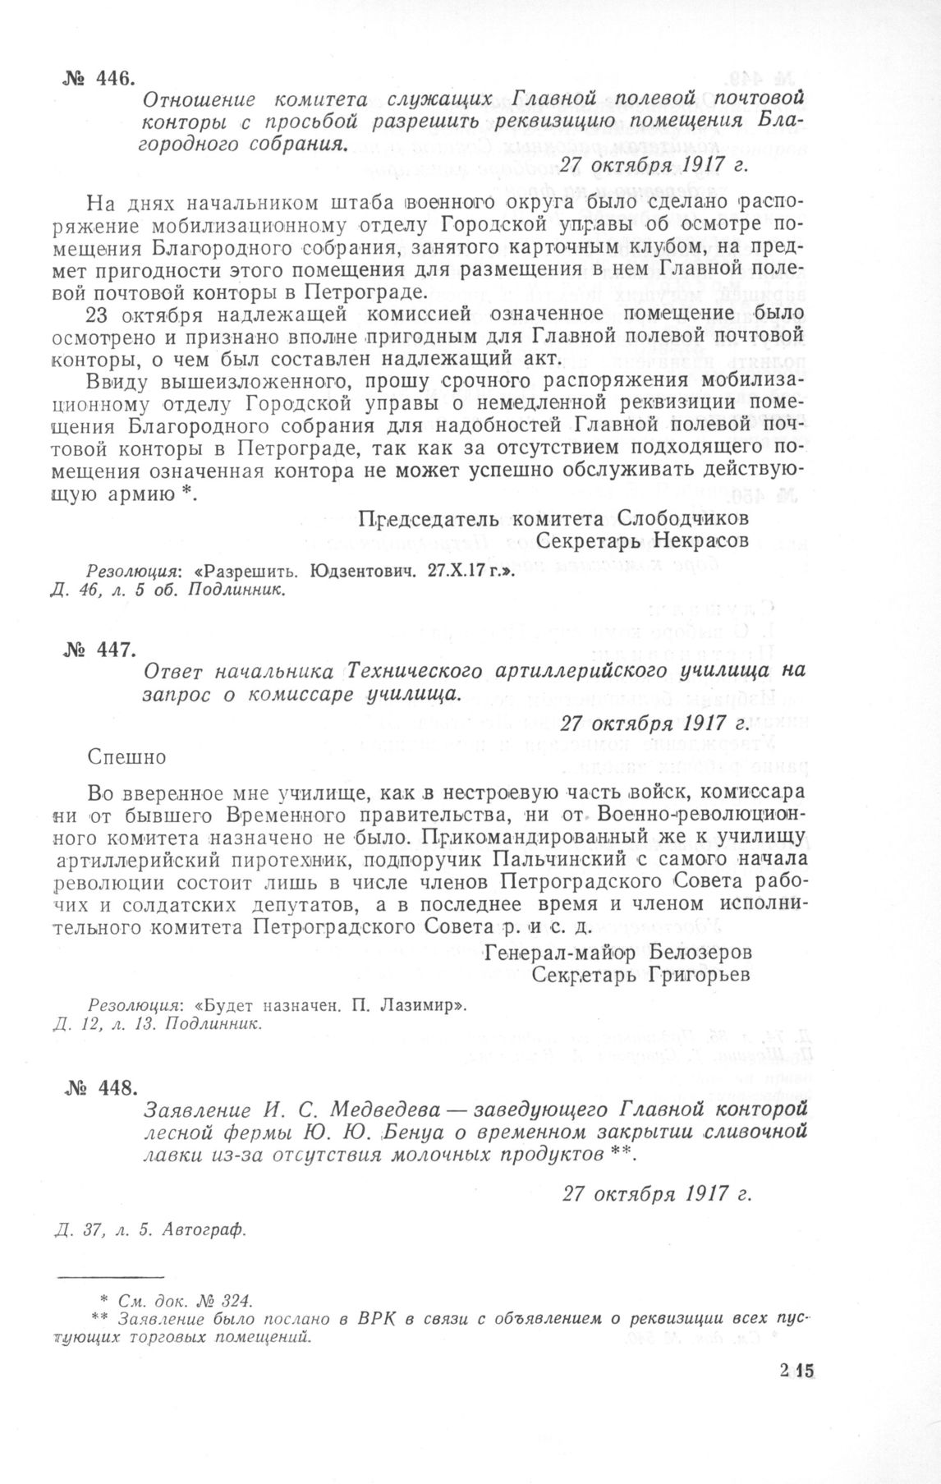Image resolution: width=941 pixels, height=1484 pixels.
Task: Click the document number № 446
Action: point(96,78)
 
